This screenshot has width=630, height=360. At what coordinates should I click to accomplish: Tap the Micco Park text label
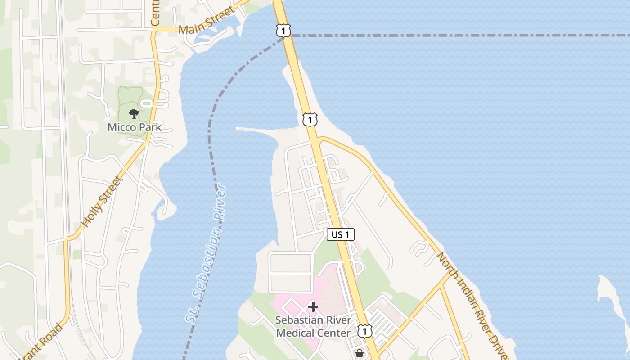(134, 127)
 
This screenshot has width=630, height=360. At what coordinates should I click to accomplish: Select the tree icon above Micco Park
(134, 114)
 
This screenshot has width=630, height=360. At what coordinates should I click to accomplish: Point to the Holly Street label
(102, 202)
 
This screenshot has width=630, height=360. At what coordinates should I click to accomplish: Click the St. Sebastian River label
(206, 253)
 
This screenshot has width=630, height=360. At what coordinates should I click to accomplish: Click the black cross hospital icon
(313, 307)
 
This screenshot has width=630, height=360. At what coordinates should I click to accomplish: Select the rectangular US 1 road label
(341, 234)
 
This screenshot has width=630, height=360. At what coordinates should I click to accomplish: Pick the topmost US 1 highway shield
(283, 31)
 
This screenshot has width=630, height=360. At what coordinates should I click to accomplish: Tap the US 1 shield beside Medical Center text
(365, 331)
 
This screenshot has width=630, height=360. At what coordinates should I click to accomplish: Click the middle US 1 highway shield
(310, 119)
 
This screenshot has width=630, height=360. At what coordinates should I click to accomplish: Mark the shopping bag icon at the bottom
(359, 354)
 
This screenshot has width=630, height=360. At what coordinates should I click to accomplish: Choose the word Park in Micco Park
(150, 127)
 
